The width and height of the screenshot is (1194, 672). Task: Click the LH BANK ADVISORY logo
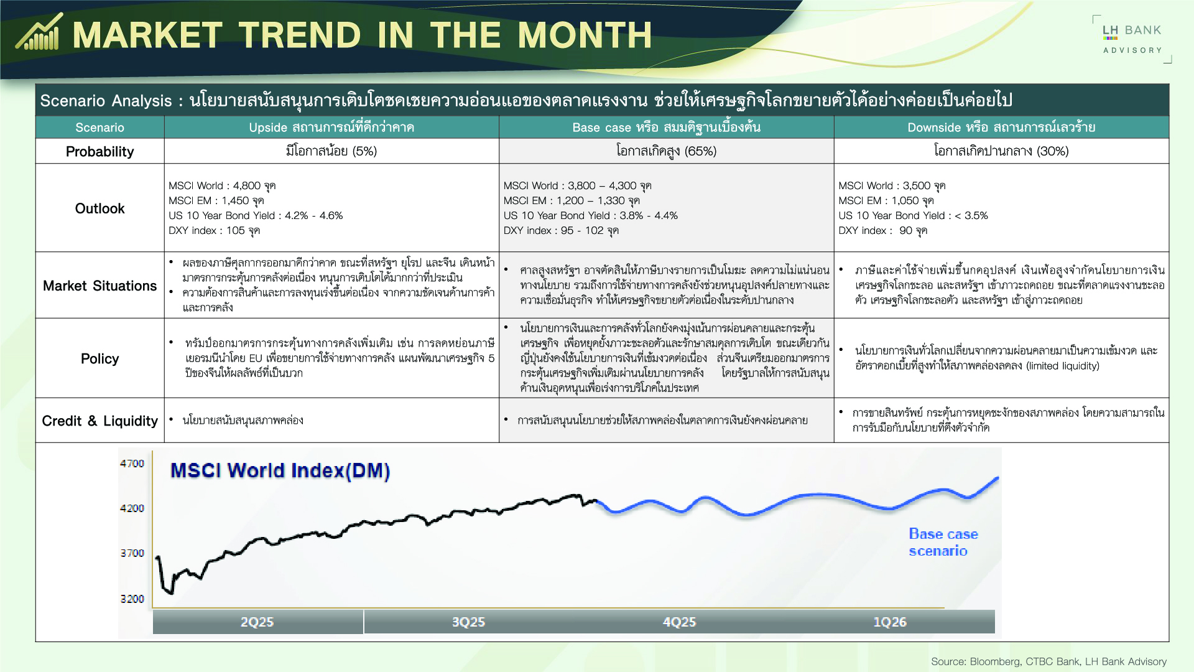[x=1132, y=39]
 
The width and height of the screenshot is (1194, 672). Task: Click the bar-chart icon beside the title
[x=39, y=32]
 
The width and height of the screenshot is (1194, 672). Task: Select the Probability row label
[x=99, y=151]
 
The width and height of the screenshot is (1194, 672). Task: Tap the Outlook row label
[x=99, y=208]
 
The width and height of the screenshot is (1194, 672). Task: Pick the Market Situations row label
[x=99, y=286]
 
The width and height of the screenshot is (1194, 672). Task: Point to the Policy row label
[x=99, y=358]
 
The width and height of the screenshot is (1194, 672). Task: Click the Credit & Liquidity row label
[x=99, y=421]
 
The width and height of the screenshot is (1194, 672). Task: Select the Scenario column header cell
[x=99, y=128]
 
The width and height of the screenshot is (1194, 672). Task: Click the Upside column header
[x=331, y=128]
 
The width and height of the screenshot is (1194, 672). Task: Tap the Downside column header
[x=1001, y=128]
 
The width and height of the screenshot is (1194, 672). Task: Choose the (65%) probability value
[x=700, y=151]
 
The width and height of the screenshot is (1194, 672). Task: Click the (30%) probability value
[x=1052, y=151]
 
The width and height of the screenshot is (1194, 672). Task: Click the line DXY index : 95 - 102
[x=560, y=230]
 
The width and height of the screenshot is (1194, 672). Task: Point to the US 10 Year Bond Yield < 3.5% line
[x=913, y=215]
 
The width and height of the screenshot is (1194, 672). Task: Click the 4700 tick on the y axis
[x=132, y=464]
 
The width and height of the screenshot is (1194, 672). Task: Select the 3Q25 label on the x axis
[x=468, y=622]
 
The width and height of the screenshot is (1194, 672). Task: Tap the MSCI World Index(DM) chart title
[x=280, y=470]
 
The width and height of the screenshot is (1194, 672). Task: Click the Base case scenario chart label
[x=943, y=542]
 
